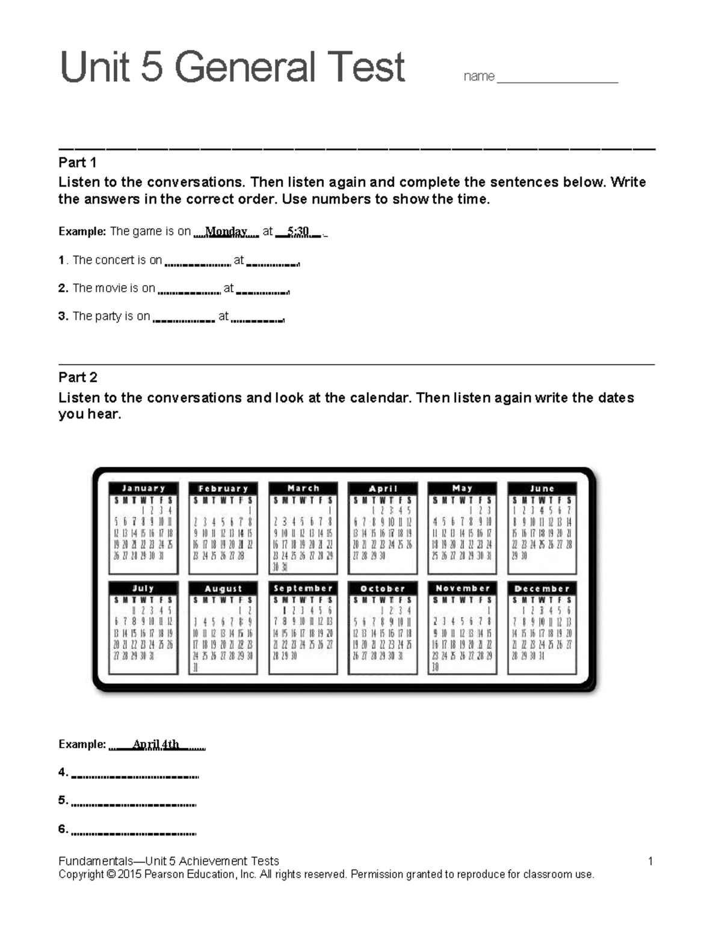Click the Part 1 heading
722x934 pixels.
(78, 162)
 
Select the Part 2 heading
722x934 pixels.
(78, 377)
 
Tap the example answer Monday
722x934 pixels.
(226, 232)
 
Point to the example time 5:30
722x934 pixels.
(298, 232)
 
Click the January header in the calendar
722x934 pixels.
(143, 488)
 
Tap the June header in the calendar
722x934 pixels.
(542, 488)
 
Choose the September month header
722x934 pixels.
(303, 588)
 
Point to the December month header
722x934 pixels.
(542, 588)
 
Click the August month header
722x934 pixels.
(223, 588)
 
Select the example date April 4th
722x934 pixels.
(156, 744)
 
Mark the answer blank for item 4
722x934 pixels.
(135, 776)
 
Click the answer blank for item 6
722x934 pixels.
(134, 833)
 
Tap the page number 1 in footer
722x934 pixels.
(650, 861)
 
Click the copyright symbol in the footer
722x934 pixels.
(111, 874)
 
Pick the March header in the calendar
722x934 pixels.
(303, 488)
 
